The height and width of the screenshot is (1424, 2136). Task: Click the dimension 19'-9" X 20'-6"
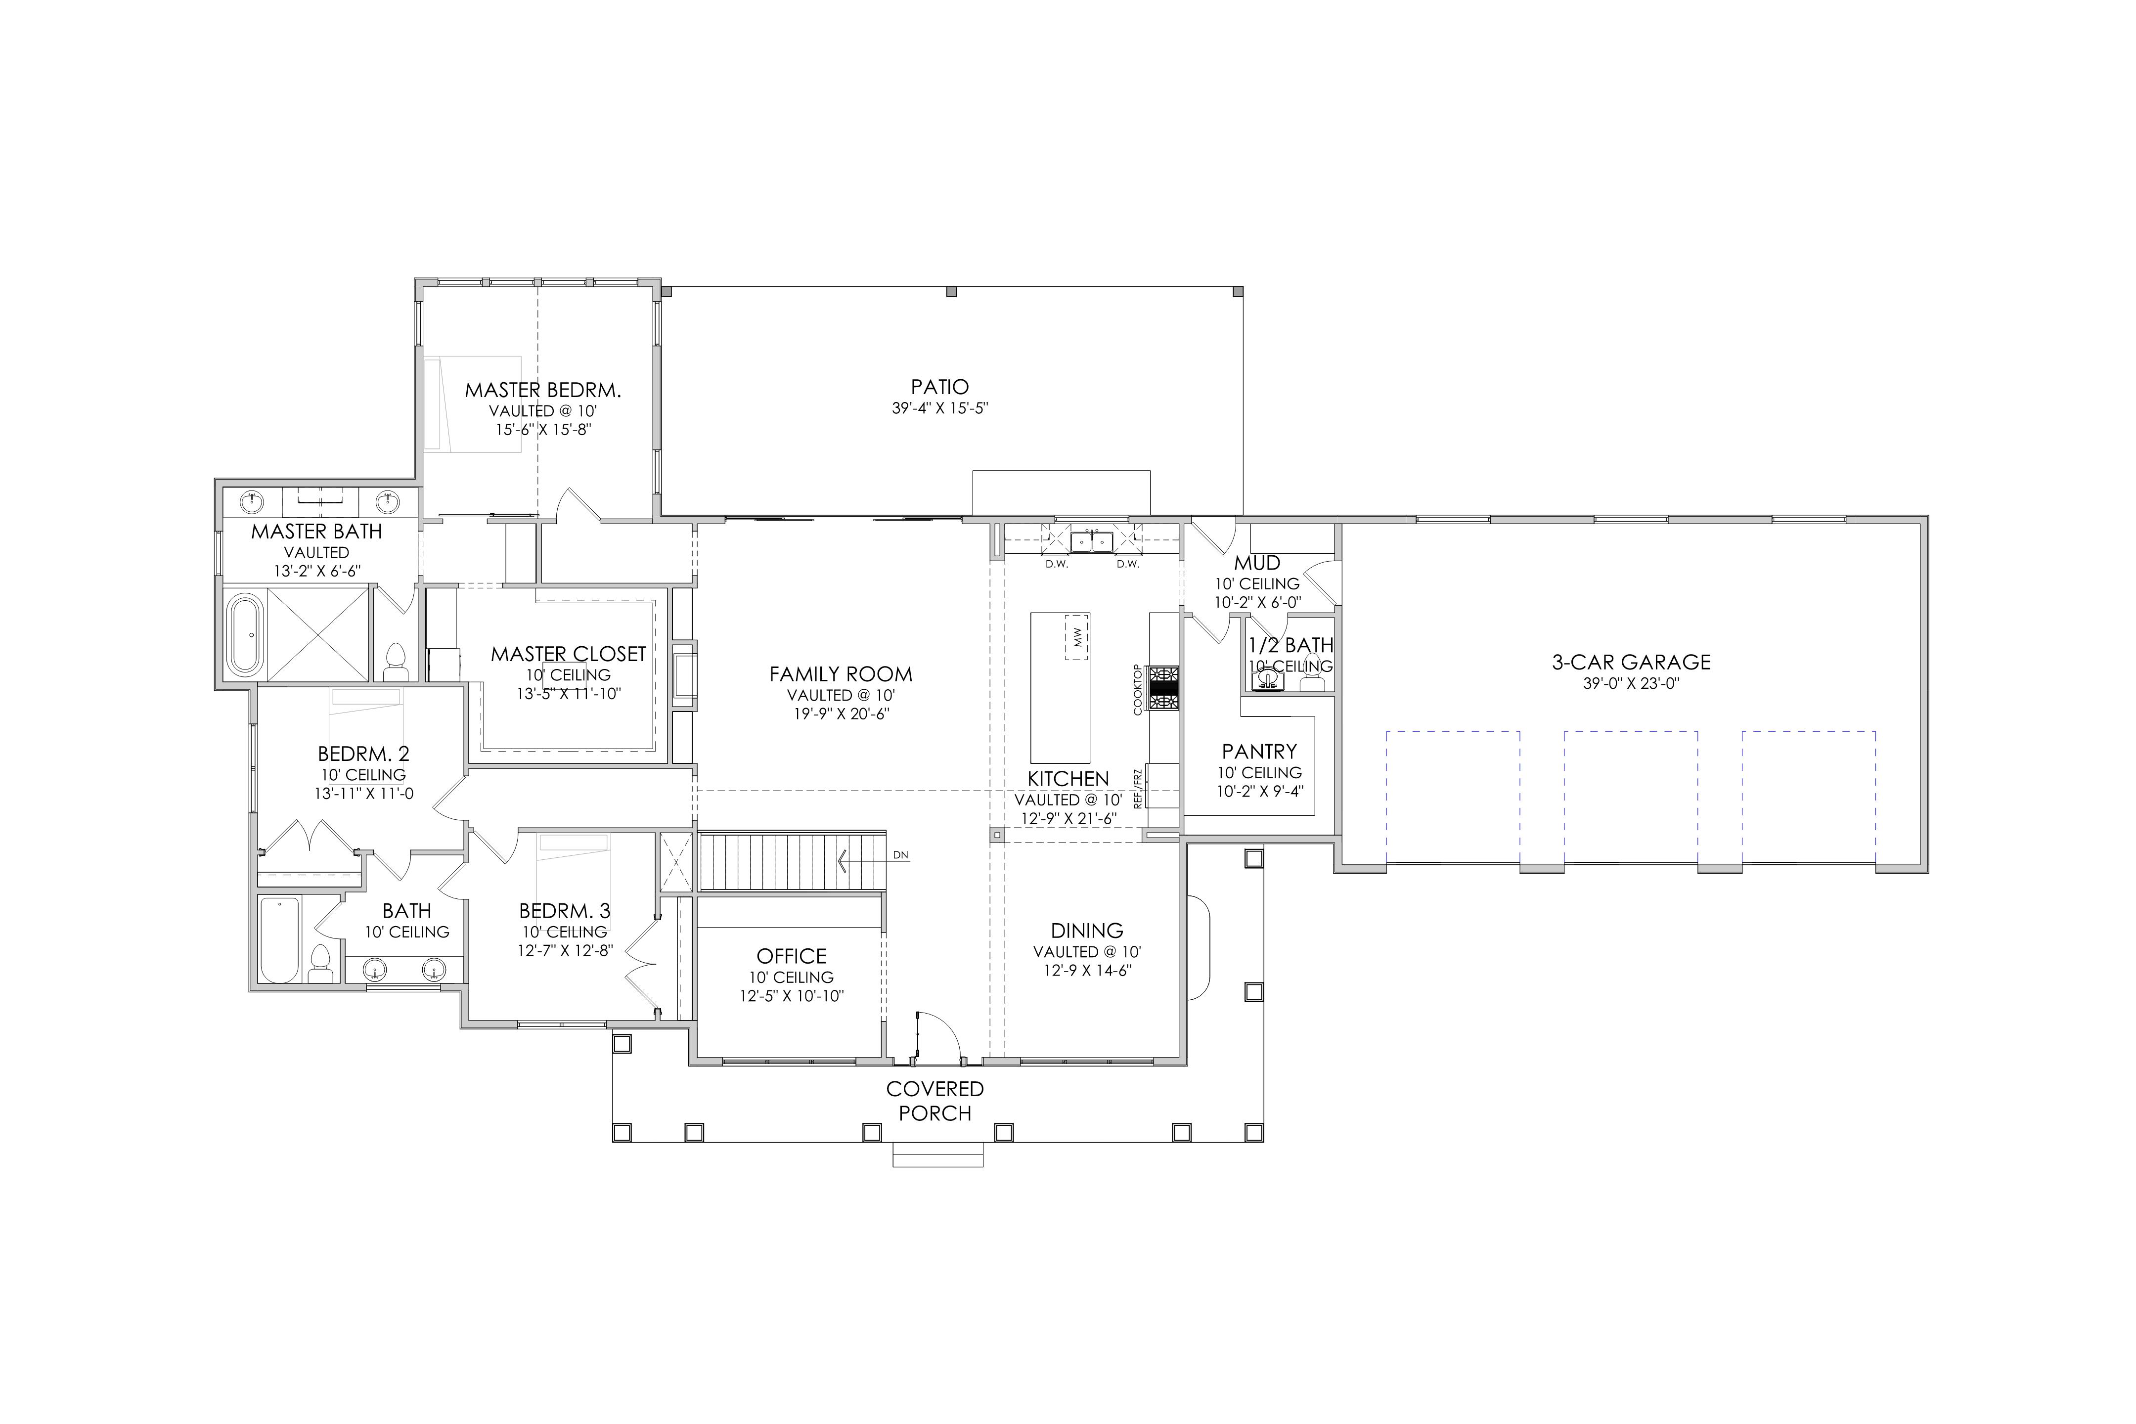pyautogui.click(x=841, y=714)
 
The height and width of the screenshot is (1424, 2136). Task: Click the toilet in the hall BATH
pyautogui.click(x=320, y=964)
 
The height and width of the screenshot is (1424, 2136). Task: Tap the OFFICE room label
pyautogui.click(x=791, y=956)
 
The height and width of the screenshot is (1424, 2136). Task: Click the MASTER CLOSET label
pyautogui.click(x=569, y=654)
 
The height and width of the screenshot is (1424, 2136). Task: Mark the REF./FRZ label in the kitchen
pyautogui.click(x=1137, y=788)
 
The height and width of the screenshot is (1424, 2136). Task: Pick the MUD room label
pyautogui.click(x=1257, y=563)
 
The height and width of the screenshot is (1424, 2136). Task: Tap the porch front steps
pyautogui.click(x=938, y=1154)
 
